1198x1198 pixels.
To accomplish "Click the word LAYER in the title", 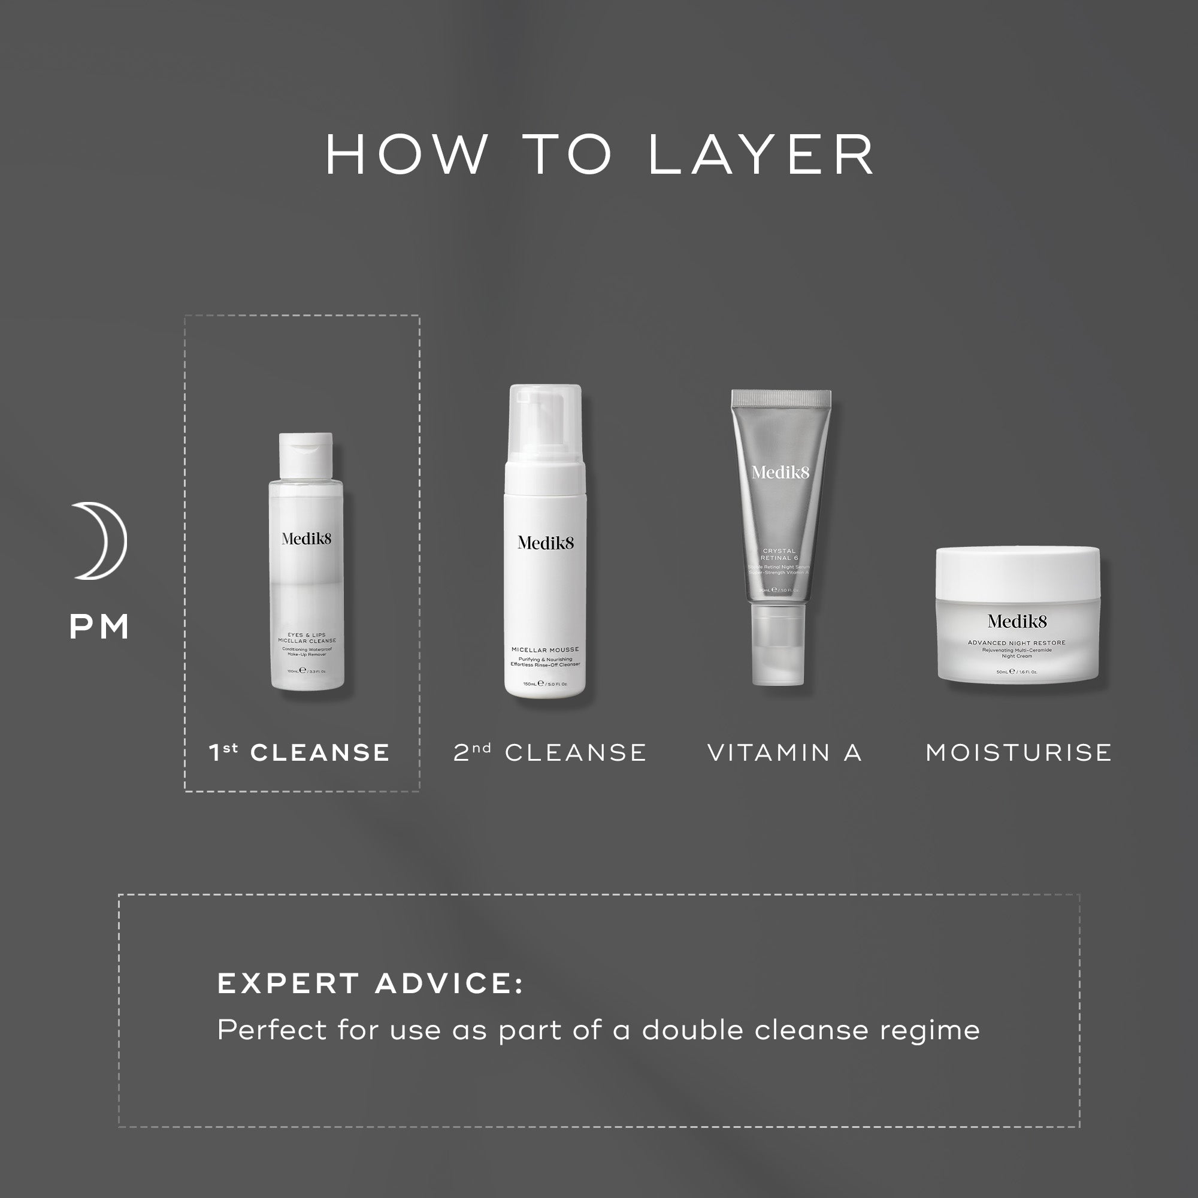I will (x=761, y=155).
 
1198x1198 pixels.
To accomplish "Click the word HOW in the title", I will (x=407, y=155).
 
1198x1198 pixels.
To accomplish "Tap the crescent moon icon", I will (x=101, y=541).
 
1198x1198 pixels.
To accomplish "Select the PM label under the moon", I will (x=99, y=627).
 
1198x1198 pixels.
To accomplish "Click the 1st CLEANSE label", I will (x=299, y=753).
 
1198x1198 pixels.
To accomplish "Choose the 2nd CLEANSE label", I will (x=550, y=753).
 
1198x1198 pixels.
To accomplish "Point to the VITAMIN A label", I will (x=785, y=753).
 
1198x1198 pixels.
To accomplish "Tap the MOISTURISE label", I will (x=1019, y=753).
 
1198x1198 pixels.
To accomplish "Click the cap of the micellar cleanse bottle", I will (x=305, y=456).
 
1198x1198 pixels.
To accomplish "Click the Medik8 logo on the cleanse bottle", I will (x=306, y=539).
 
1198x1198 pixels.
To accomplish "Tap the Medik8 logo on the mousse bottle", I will (x=546, y=543).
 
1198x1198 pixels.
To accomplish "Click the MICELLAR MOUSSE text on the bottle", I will (x=545, y=650).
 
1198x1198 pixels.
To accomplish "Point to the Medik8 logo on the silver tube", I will (x=780, y=473).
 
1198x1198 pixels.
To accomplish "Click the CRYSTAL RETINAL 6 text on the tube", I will (x=779, y=554).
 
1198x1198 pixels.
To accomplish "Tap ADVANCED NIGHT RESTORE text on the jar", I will (x=1017, y=643).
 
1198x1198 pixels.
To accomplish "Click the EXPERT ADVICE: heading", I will (x=370, y=984).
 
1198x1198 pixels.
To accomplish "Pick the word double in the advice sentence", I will (x=693, y=1030).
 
